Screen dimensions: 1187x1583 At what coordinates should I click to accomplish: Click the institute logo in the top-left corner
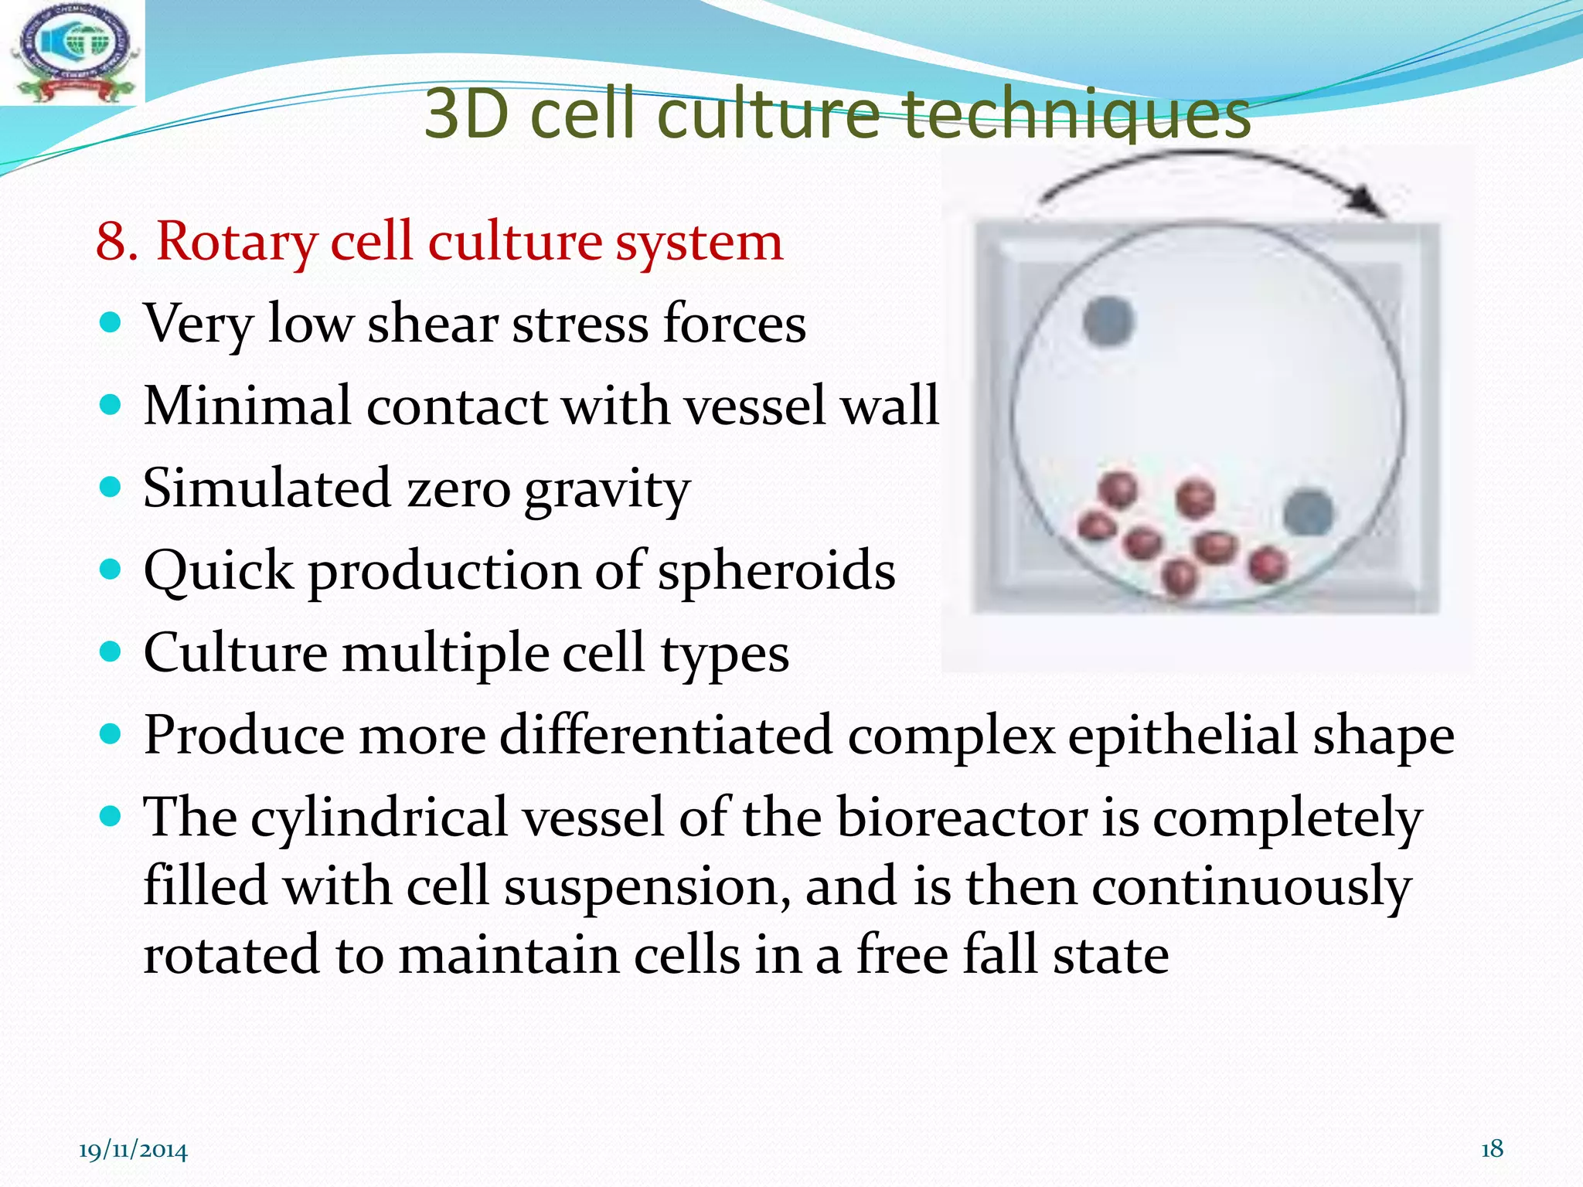pos(73,53)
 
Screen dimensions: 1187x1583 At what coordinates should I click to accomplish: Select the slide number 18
pos(1492,1149)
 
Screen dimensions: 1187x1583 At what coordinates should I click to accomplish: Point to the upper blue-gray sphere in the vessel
pos(1108,321)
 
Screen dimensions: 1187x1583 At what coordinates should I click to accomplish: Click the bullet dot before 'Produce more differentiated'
pos(112,733)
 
